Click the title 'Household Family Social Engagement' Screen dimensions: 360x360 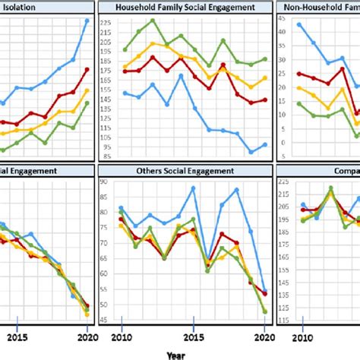tap(184, 7)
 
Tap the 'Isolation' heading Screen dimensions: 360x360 tap(24, 7)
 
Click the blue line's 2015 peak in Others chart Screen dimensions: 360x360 tap(194, 188)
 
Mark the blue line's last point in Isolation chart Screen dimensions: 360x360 tap(87, 21)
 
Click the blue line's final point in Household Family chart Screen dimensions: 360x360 tap(264, 144)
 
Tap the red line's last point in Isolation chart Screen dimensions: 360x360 tap(87, 69)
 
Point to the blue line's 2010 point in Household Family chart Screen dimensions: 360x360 tap(125, 93)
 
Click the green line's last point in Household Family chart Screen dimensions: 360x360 tap(264, 58)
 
